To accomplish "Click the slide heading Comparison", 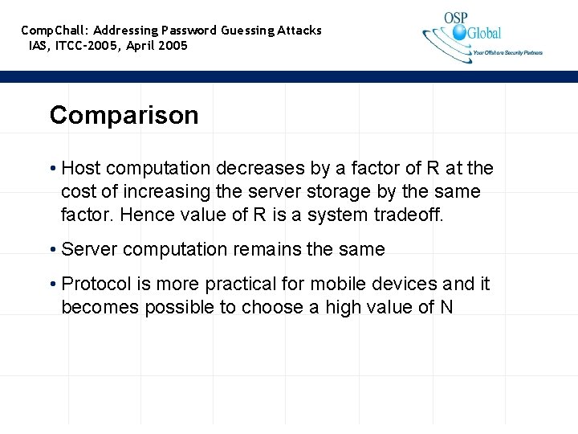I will pyautogui.click(x=124, y=116).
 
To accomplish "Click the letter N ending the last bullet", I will pyautogui.click(x=446, y=307).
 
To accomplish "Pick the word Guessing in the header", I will pyautogui.click(x=247, y=31).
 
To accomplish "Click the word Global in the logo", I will pyautogui.click(x=484, y=33).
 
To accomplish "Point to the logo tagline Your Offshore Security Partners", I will pyautogui.click(x=507, y=53).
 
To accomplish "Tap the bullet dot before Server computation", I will pyautogui.click(x=52, y=250).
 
